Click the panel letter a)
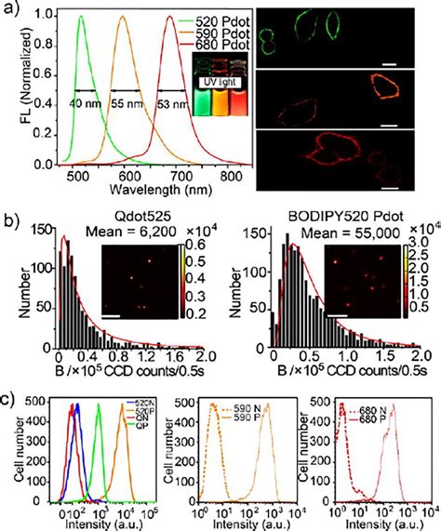click(x=11, y=8)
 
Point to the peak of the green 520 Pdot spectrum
click(x=81, y=17)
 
